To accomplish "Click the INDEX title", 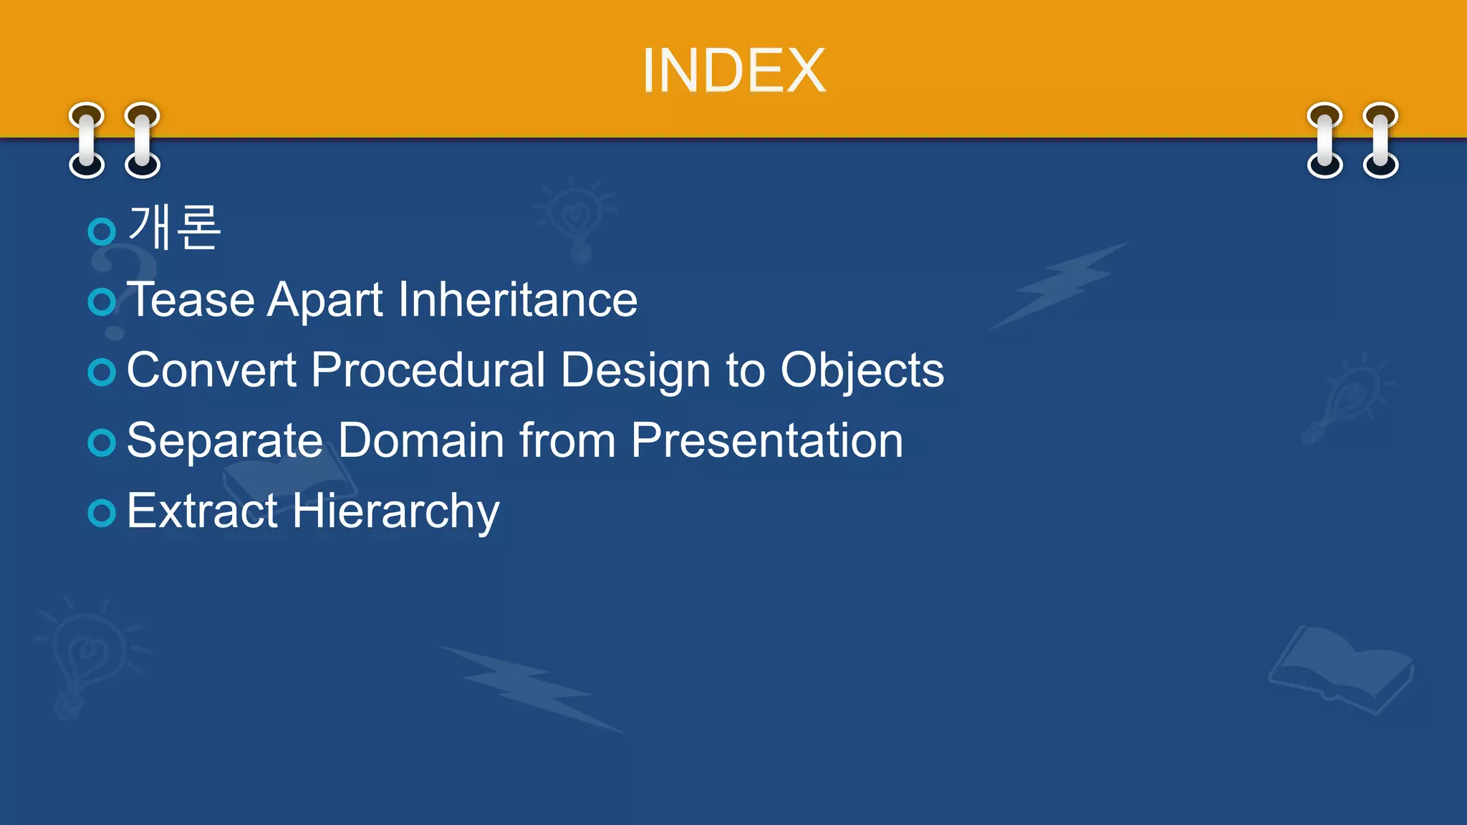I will point(733,70).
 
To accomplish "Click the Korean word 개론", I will point(174,228).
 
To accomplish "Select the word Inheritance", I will point(517,299).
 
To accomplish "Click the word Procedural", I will point(428,370).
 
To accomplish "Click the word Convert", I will point(211,370).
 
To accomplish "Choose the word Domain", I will point(420,440).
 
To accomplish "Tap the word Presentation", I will point(766,440).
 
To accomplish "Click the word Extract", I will point(202,511).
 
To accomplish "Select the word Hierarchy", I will point(395,511).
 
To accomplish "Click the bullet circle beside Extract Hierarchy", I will point(102,513).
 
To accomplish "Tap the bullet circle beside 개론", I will point(102,231).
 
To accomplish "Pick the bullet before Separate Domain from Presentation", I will point(102,443).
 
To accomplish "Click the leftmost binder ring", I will point(87,140).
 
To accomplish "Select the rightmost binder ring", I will point(1380,140).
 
